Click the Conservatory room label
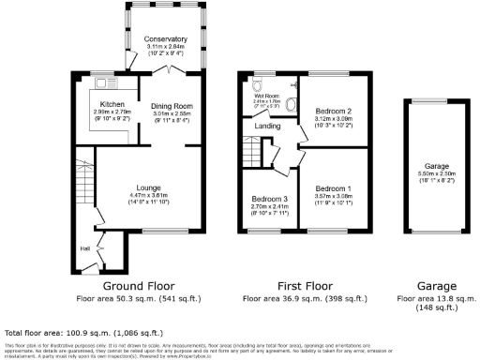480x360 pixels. pyautogui.click(x=165, y=38)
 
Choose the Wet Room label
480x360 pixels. pyautogui.click(x=268, y=96)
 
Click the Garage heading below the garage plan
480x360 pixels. pyautogui.click(x=437, y=285)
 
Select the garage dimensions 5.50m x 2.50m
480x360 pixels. pyautogui.click(x=437, y=174)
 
